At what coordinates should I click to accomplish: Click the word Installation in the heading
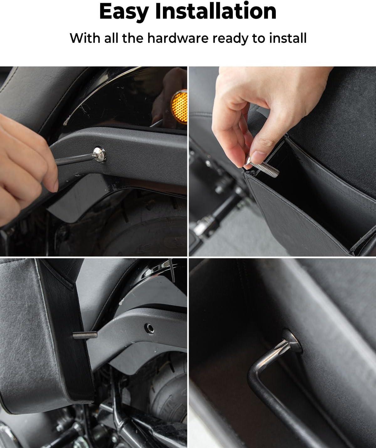click(x=216, y=11)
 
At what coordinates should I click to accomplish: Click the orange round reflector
click(x=179, y=107)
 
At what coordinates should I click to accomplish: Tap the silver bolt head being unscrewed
click(x=100, y=154)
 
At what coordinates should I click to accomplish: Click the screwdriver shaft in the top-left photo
click(x=75, y=159)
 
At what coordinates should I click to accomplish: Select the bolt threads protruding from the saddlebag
click(x=85, y=335)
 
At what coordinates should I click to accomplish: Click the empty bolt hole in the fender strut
click(x=149, y=329)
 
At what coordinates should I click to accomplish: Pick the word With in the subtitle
click(x=85, y=38)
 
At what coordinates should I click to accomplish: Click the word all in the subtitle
click(x=111, y=38)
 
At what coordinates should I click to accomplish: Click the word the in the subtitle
click(x=133, y=38)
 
